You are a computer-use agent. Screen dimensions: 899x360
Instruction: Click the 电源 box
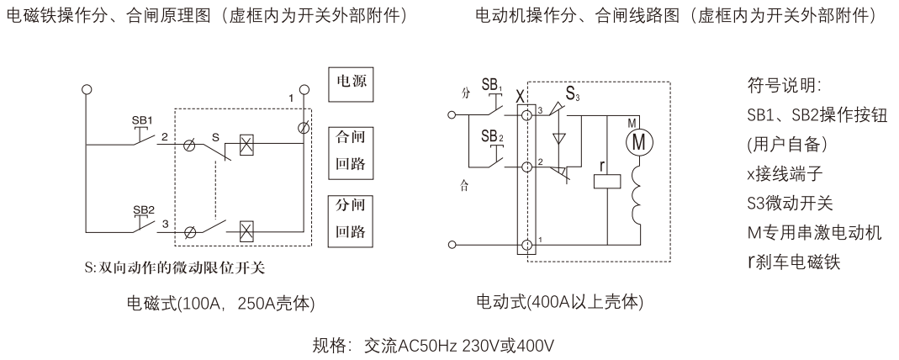tap(351, 84)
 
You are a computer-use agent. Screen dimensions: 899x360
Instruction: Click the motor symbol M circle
tap(638, 142)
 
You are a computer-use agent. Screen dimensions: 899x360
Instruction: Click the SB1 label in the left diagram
tap(142, 121)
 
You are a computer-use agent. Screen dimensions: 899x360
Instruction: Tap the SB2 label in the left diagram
tap(143, 209)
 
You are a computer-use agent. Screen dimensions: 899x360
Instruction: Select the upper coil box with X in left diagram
tap(247, 143)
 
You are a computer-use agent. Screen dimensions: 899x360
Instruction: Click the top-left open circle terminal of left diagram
tap(87, 89)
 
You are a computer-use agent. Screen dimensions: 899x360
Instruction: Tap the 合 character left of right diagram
tap(464, 186)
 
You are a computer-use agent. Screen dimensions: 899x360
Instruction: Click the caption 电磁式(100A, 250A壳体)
tap(220, 304)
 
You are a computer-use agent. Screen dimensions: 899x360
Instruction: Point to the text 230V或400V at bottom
tap(508, 346)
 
